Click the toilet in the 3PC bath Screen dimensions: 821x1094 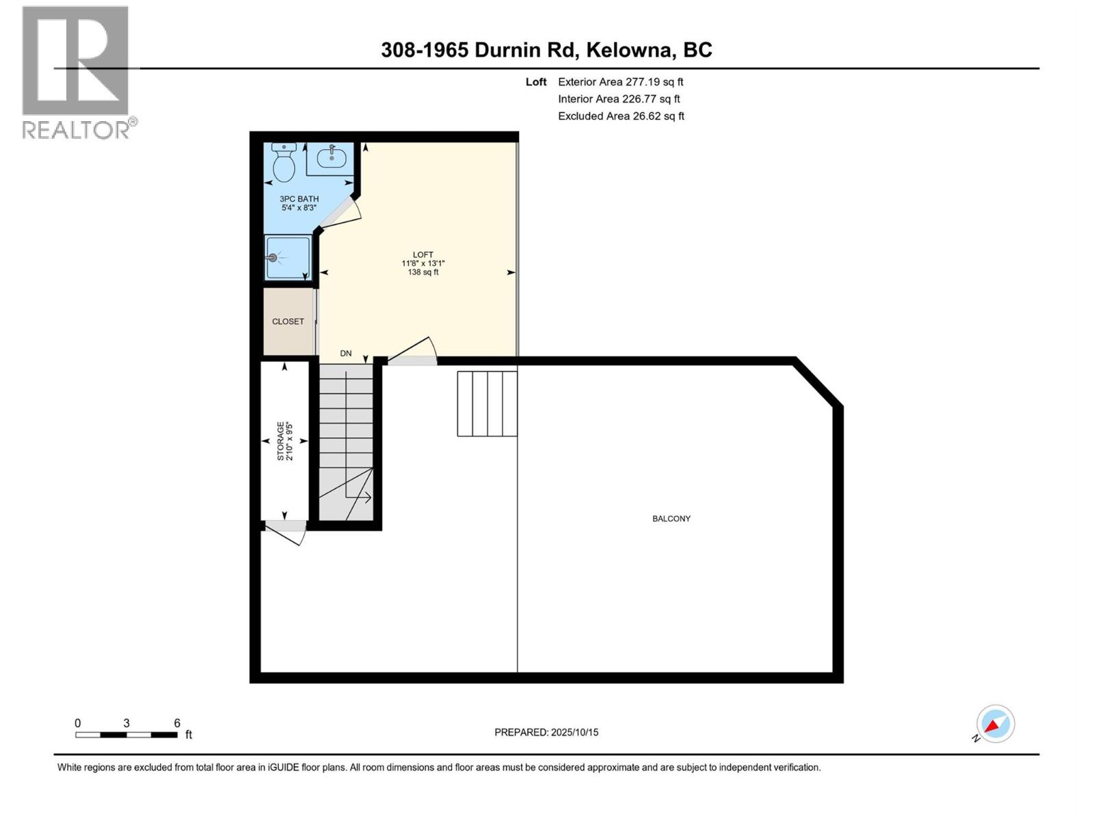point(283,164)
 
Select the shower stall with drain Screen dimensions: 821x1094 point(287,258)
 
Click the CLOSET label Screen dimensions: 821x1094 point(288,322)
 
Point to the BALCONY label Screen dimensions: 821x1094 point(671,519)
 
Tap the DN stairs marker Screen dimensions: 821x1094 point(346,354)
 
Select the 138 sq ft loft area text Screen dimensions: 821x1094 point(423,272)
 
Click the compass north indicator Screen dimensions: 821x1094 point(995,724)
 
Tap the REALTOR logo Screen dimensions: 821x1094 point(76,72)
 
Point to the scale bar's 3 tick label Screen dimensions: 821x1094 point(126,723)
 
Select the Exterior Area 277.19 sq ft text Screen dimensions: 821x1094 point(620,81)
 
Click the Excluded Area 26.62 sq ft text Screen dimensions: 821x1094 point(621,116)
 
